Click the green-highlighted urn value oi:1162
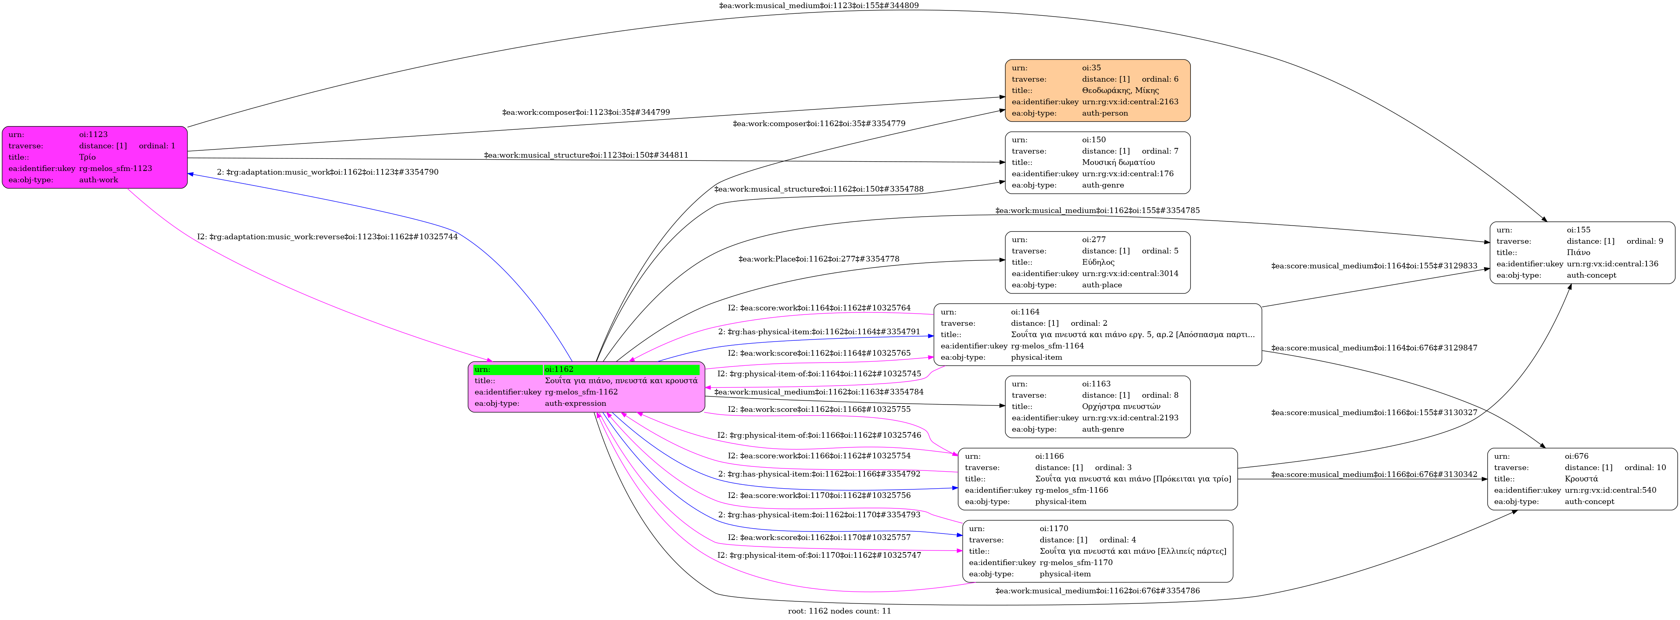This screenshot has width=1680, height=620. pyautogui.click(x=559, y=369)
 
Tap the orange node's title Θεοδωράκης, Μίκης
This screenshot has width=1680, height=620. pyautogui.click(x=1121, y=91)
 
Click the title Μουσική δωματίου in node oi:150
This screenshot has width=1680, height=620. pyautogui.click(x=1119, y=162)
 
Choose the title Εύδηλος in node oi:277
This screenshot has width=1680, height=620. pyautogui.click(x=1098, y=262)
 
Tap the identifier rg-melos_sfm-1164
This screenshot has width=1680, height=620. pyautogui.click(x=1047, y=346)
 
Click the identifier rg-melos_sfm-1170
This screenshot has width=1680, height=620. pyautogui.click(x=1076, y=563)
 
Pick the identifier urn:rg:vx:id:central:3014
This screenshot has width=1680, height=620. pyautogui.click(x=1130, y=274)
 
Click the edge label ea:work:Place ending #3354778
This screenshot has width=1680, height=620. pyautogui.click(x=818, y=259)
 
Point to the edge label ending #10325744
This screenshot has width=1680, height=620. pyautogui.click(x=327, y=237)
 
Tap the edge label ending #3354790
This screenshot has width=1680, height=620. pyautogui.click(x=327, y=172)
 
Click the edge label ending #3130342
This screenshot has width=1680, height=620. pyautogui.click(x=1374, y=474)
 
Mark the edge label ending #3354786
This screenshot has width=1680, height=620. pyautogui.click(x=1097, y=591)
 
